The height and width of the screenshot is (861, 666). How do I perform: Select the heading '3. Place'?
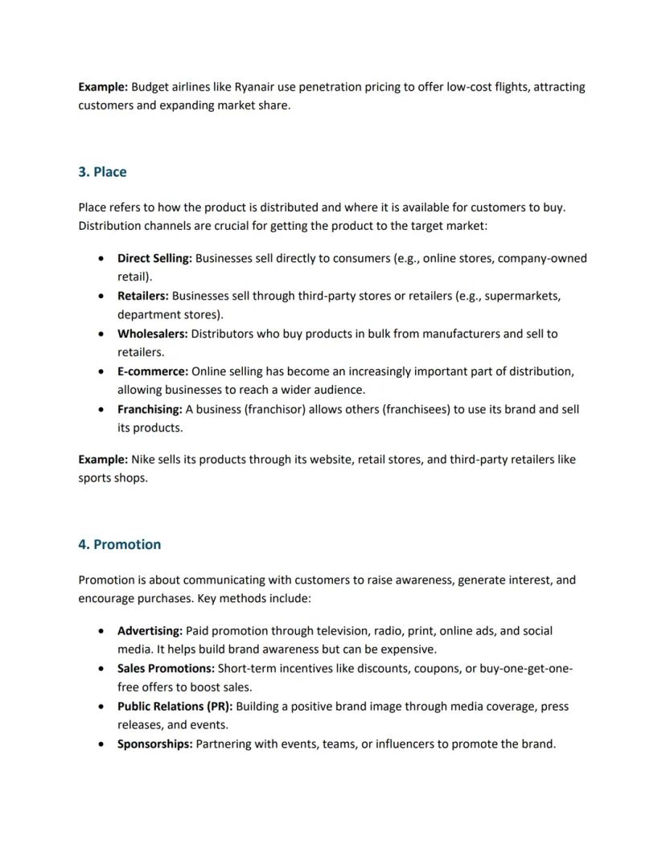102,172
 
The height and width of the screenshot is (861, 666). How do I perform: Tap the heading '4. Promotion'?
119,544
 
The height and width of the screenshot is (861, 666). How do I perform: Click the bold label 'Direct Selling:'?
154,258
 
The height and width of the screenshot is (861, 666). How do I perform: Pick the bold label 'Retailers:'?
143,296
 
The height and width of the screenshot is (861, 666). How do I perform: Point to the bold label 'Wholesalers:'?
153,334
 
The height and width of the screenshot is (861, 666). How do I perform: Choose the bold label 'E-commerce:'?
153,371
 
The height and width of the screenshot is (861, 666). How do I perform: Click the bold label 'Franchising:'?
150,409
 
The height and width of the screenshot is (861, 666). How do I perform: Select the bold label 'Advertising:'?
150,631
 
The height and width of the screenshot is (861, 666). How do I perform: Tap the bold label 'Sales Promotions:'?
166,669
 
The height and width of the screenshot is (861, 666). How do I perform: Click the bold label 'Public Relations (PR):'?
175,707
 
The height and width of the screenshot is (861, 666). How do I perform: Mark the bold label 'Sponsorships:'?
154,744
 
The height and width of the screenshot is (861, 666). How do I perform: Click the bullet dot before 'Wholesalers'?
100,334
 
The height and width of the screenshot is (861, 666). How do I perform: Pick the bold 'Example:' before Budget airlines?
103,87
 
